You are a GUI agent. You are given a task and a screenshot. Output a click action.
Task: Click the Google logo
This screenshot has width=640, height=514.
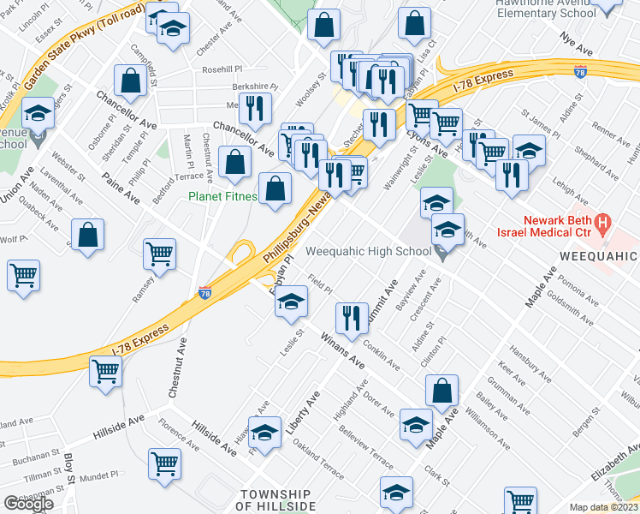click(27, 504)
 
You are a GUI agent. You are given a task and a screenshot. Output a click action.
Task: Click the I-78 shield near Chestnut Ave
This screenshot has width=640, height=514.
click(204, 293)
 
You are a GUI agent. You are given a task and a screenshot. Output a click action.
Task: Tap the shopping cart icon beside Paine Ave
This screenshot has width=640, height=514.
click(159, 254)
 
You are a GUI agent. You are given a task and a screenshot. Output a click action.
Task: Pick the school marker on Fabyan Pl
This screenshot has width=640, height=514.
click(291, 302)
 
